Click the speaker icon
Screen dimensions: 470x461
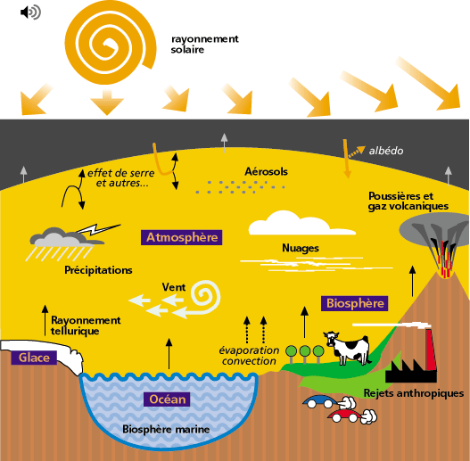point(30,12)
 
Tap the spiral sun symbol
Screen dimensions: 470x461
point(111,42)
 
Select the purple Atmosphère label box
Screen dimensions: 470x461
point(182,237)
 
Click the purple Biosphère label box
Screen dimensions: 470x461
point(355,303)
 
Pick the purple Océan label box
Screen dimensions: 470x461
point(167,399)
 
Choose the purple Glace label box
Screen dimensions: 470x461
point(34,358)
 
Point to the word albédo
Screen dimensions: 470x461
point(386,151)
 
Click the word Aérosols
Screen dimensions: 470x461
point(266,171)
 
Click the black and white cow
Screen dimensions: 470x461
point(348,348)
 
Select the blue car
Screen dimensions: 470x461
point(319,401)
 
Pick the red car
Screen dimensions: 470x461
point(345,416)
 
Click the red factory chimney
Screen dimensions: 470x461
point(431,350)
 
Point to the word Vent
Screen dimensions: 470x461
point(174,287)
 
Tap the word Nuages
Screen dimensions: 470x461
point(301,248)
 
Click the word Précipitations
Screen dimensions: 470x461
point(98,270)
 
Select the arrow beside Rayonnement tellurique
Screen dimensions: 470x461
point(45,320)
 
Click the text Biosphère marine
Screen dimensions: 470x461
point(166,429)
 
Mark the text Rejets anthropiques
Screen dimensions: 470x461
point(414,393)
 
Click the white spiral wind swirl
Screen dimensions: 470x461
point(206,297)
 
